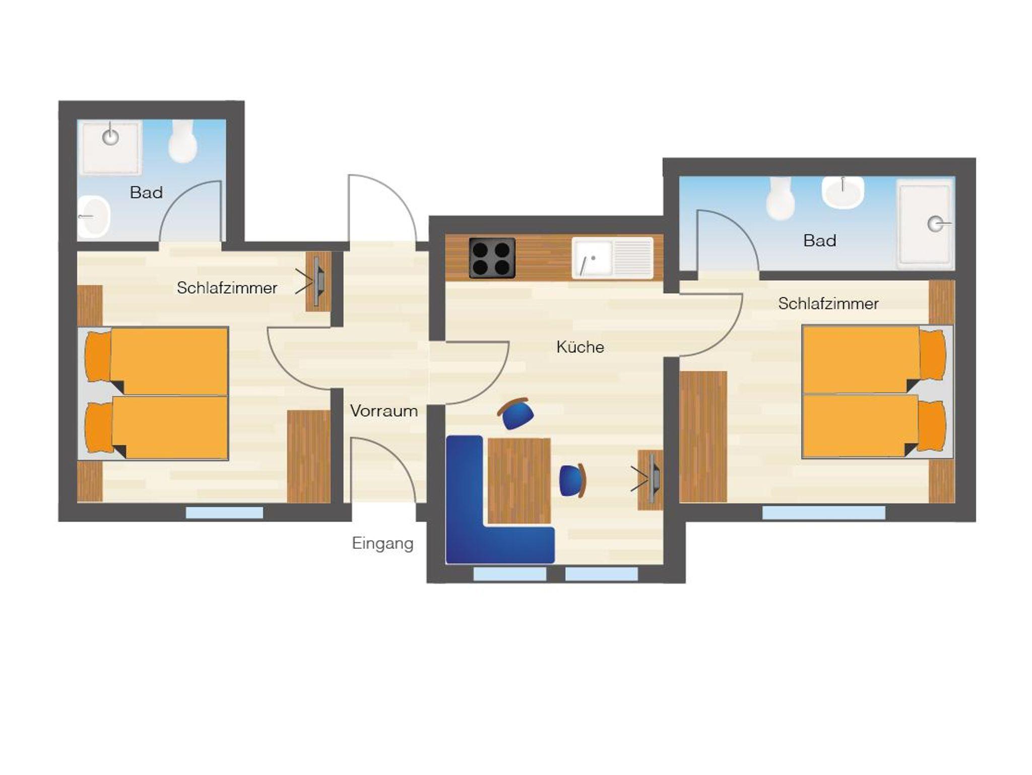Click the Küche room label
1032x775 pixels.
coord(580,347)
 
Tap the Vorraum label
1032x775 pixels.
coord(384,411)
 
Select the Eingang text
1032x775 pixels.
coord(382,544)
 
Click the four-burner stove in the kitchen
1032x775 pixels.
coord(492,258)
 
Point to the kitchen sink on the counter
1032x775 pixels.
coord(612,258)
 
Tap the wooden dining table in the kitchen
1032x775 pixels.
coord(519,481)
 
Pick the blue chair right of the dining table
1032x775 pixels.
coord(573,481)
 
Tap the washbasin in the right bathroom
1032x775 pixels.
coord(843,192)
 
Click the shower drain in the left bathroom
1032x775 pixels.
coord(110,136)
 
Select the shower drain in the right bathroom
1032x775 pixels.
coord(936,224)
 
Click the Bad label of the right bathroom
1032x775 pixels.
coord(820,241)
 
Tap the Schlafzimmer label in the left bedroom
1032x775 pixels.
coord(227,288)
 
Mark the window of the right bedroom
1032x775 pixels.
coord(824,513)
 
